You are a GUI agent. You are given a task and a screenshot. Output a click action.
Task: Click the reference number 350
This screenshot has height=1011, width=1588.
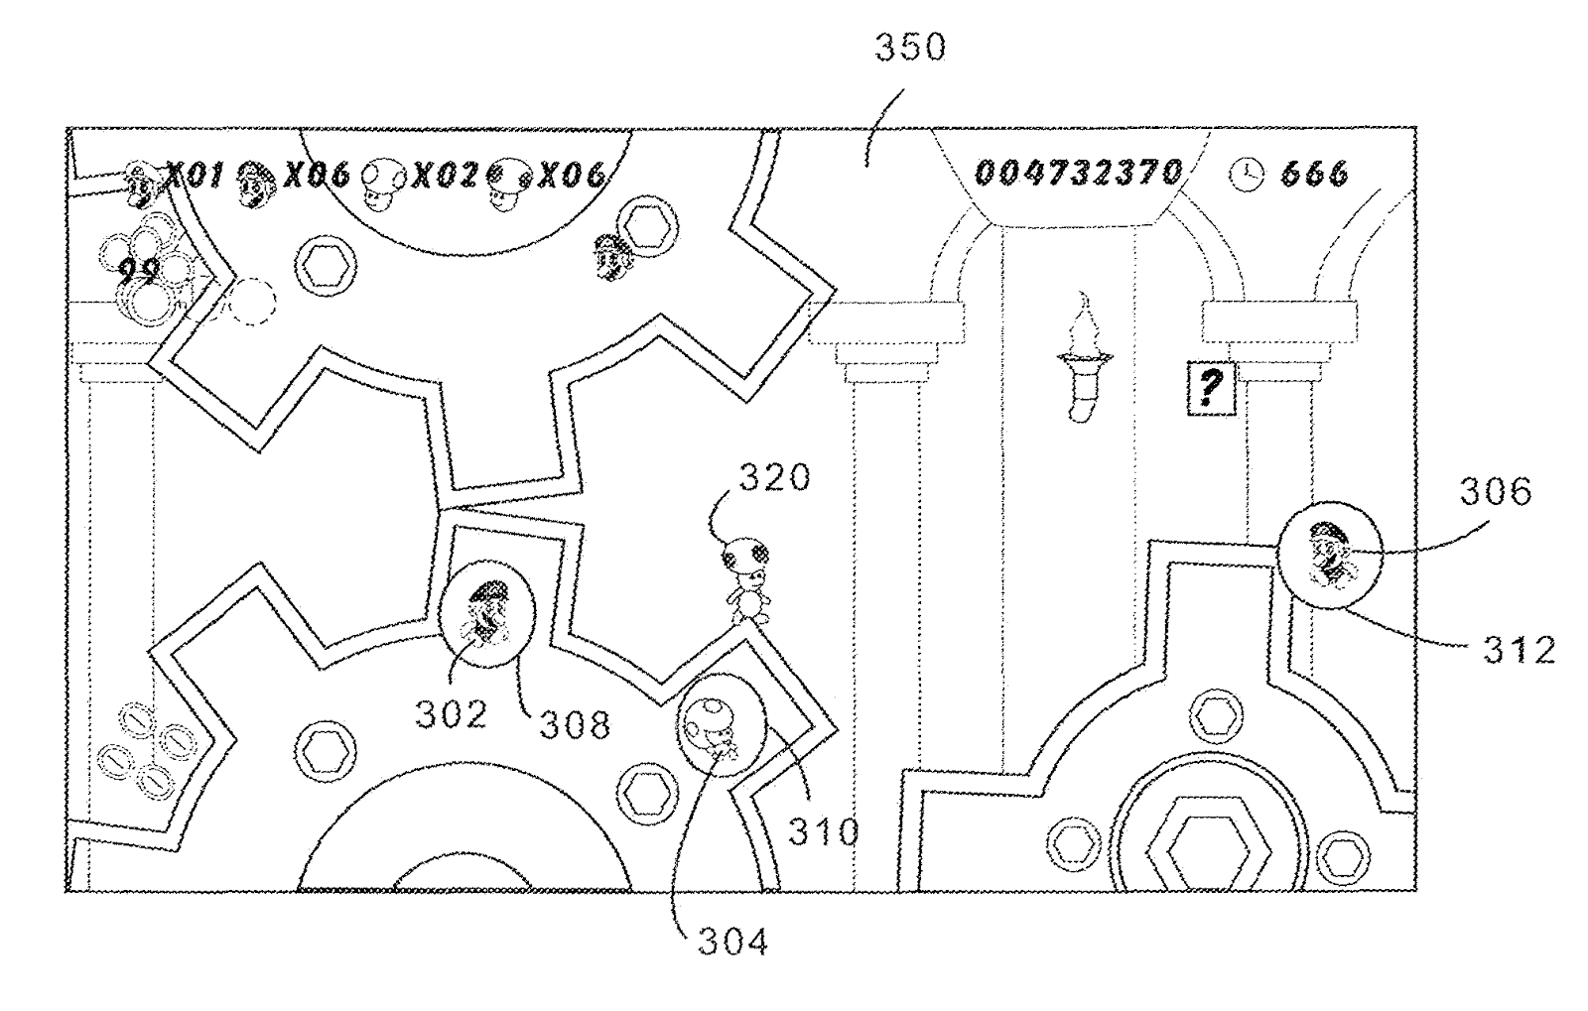[x=909, y=48]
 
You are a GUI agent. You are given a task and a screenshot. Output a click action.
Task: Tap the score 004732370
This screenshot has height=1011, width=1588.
[x=1079, y=174]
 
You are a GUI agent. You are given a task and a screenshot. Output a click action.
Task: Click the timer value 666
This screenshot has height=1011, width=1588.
[x=1315, y=175]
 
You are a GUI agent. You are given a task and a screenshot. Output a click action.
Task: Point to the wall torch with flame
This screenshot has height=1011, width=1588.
[x=1085, y=357]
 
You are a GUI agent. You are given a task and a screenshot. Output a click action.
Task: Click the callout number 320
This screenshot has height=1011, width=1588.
[x=773, y=478]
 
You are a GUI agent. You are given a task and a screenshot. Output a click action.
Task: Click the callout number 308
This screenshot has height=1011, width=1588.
[x=575, y=724]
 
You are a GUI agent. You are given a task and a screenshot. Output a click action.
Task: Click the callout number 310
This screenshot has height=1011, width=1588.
[x=823, y=830]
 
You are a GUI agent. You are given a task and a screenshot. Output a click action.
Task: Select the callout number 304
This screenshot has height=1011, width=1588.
[x=732, y=942]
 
